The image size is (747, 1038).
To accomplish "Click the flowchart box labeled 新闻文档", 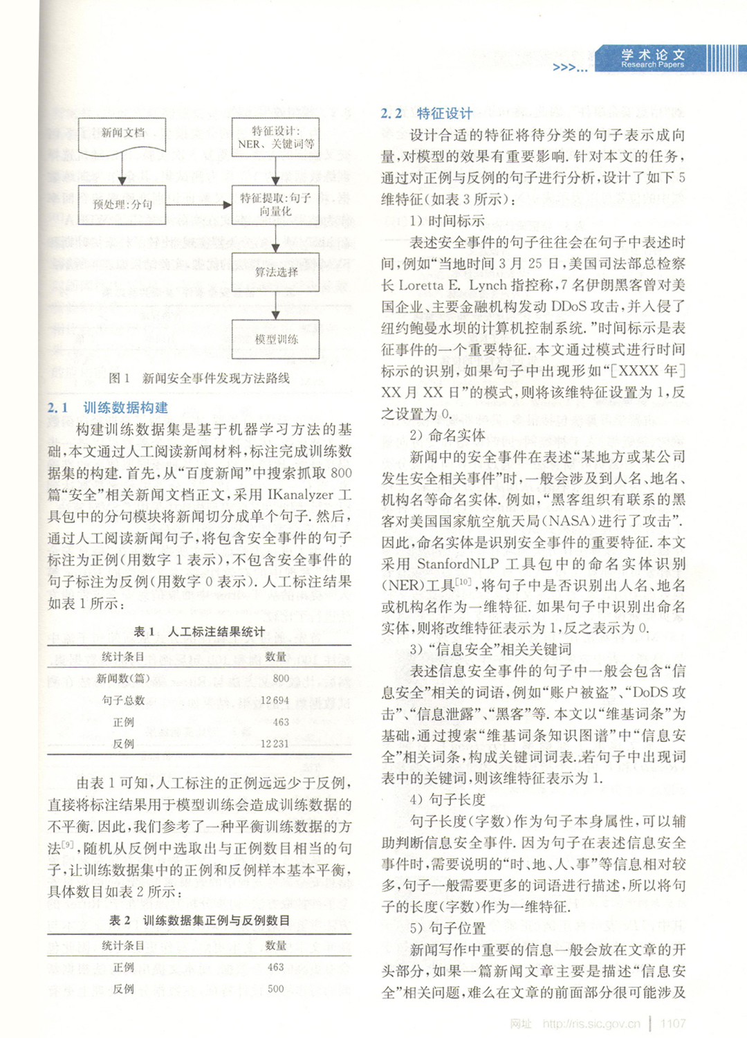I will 122,134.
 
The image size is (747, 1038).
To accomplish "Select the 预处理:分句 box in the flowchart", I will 122,205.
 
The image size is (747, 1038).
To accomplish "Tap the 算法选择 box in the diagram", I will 275,272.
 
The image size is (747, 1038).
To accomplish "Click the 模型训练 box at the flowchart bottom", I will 275,339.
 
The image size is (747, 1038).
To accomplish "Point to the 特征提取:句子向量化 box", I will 275,205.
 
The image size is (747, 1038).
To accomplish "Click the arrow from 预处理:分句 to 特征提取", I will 199,205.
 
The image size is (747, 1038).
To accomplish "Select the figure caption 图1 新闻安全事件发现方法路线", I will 199,378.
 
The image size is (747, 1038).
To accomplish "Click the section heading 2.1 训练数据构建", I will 107,408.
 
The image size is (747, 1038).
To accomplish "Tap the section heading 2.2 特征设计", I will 427,113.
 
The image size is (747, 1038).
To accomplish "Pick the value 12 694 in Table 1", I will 275,700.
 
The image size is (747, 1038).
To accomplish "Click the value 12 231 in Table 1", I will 275,743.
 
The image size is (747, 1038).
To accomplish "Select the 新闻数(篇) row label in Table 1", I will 122,678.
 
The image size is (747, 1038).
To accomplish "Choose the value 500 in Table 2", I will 275,989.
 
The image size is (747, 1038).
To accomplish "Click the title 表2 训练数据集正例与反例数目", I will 199,920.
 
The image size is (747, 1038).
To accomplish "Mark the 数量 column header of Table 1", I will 275,656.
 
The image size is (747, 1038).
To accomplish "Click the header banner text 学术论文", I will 652,55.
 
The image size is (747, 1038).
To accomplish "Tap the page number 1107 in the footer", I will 672,1023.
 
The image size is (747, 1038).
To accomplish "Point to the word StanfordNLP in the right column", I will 457,564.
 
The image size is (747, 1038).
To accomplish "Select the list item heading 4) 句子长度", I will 448,799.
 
